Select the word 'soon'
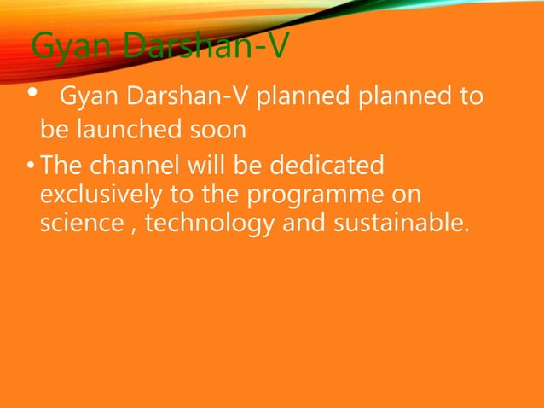(220, 131)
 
